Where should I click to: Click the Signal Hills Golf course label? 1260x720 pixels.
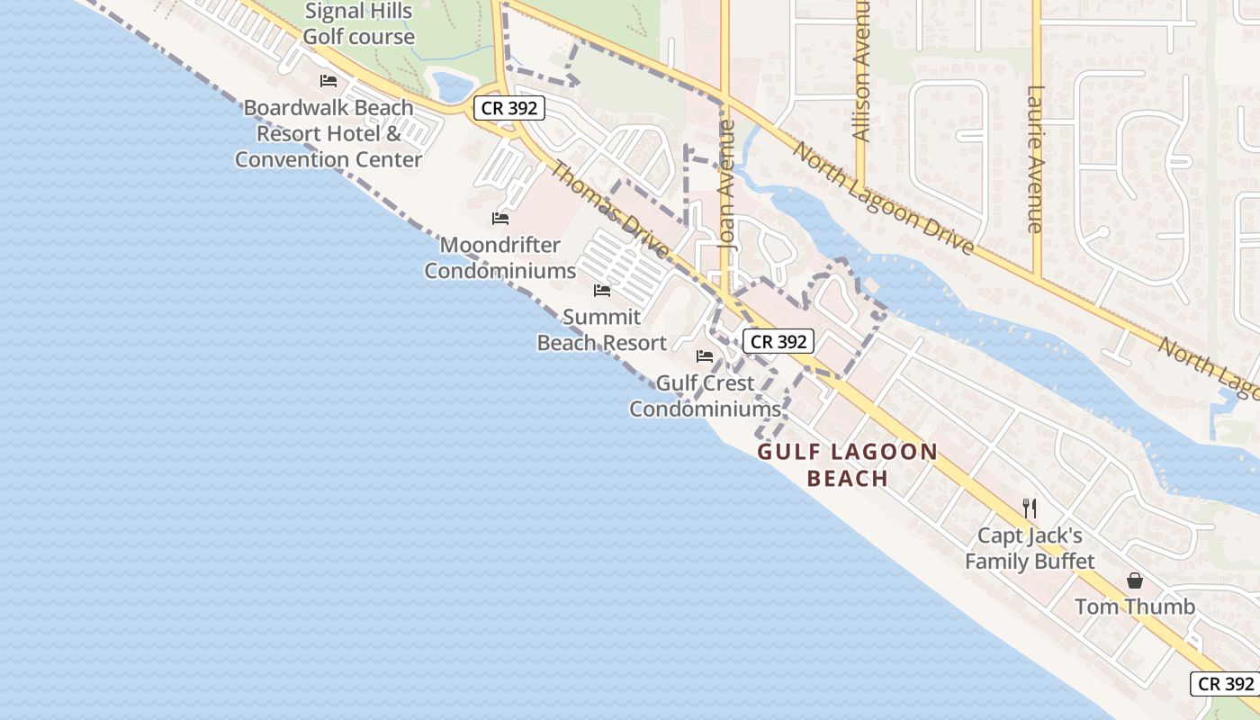(x=358, y=24)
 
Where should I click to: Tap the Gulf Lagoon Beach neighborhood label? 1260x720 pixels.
(x=848, y=464)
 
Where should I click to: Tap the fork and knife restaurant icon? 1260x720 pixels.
(x=1030, y=508)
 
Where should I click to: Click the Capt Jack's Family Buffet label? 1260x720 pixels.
(x=1030, y=548)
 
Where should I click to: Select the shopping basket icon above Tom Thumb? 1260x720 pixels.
(x=1135, y=580)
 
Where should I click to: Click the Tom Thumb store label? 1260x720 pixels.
(x=1135, y=607)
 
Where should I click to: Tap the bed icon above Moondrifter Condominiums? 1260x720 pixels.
(x=500, y=219)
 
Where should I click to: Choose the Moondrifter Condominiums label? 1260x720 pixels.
(x=500, y=257)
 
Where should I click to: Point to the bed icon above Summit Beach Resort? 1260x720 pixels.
(x=602, y=291)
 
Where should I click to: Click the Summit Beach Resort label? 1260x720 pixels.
(x=602, y=329)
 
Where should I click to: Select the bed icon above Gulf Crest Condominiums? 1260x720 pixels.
(x=705, y=356)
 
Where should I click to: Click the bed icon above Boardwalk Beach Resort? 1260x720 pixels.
(x=328, y=81)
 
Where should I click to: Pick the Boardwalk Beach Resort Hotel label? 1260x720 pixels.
(x=328, y=133)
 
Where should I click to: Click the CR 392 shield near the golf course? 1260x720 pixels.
(x=509, y=108)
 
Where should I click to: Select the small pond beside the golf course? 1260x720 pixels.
(x=453, y=86)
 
